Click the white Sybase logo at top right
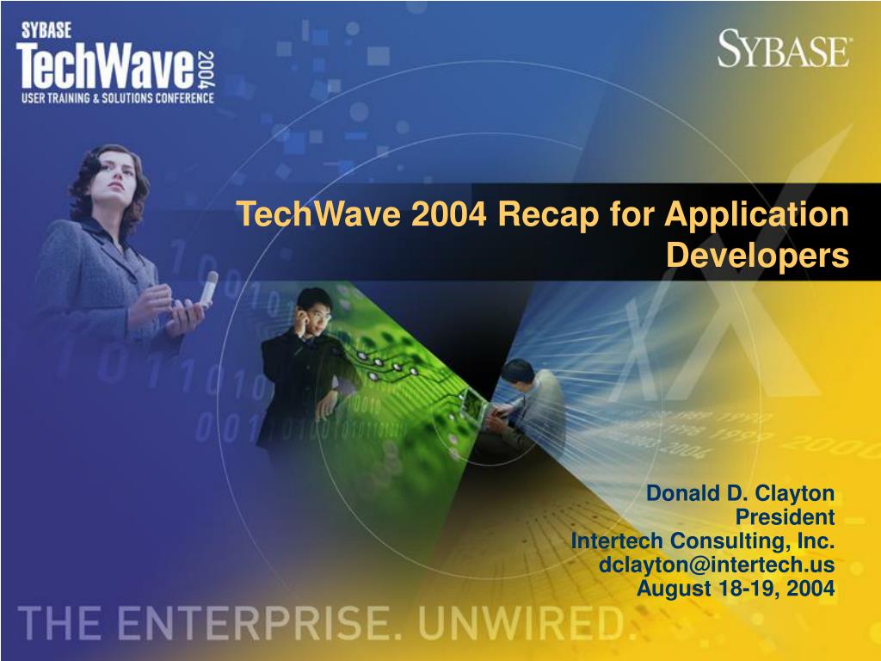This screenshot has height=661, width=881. coord(784,49)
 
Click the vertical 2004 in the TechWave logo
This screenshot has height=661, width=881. coord(206,69)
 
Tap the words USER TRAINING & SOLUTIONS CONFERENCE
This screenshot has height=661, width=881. coord(117,98)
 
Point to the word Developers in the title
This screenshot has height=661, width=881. coord(757,256)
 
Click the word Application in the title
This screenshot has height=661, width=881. coord(756,214)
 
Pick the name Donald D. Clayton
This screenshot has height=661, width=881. coord(741,493)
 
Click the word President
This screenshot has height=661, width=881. coord(785,516)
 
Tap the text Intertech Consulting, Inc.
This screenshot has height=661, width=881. coord(703,541)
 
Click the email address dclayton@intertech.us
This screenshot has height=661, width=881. coord(717,565)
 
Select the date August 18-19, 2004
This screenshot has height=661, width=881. coord(736,589)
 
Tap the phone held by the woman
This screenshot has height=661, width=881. coord(209,288)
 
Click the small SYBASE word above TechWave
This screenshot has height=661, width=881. coord(46,30)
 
